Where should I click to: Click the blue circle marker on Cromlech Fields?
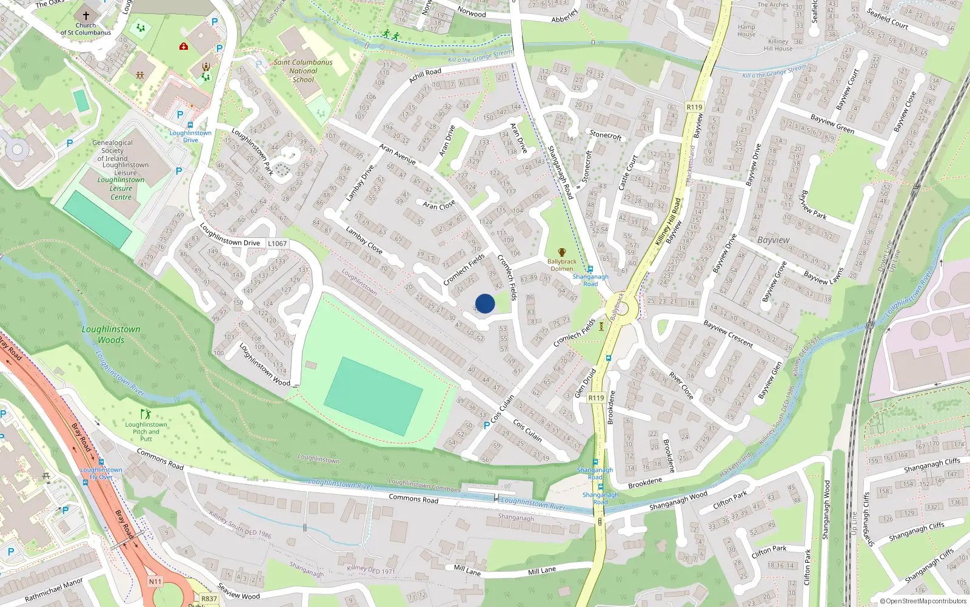coord(485,303)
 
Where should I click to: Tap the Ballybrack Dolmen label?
coord(562,265)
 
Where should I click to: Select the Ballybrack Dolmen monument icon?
coord(562,253)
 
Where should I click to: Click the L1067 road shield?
coord(277,243)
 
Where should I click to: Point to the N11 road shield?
coord(155,582)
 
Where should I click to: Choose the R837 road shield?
coord(209,599)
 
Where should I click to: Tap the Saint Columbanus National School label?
coord(303,70)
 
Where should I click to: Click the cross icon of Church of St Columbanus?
coord(85,16)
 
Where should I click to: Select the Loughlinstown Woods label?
coord(111,334)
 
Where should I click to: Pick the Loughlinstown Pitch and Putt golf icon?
coord(145,415)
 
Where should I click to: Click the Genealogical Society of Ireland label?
coord(113,151)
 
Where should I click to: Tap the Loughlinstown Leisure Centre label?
coord(121,188)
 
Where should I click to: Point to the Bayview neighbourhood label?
coord(774,240)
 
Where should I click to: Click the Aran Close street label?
coord(439,205)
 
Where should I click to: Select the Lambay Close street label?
coord(364,240)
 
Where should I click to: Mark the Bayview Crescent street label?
coord(729,334)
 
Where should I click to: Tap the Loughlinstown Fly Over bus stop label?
coord(101,473)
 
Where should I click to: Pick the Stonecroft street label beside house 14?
coord(606,135)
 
